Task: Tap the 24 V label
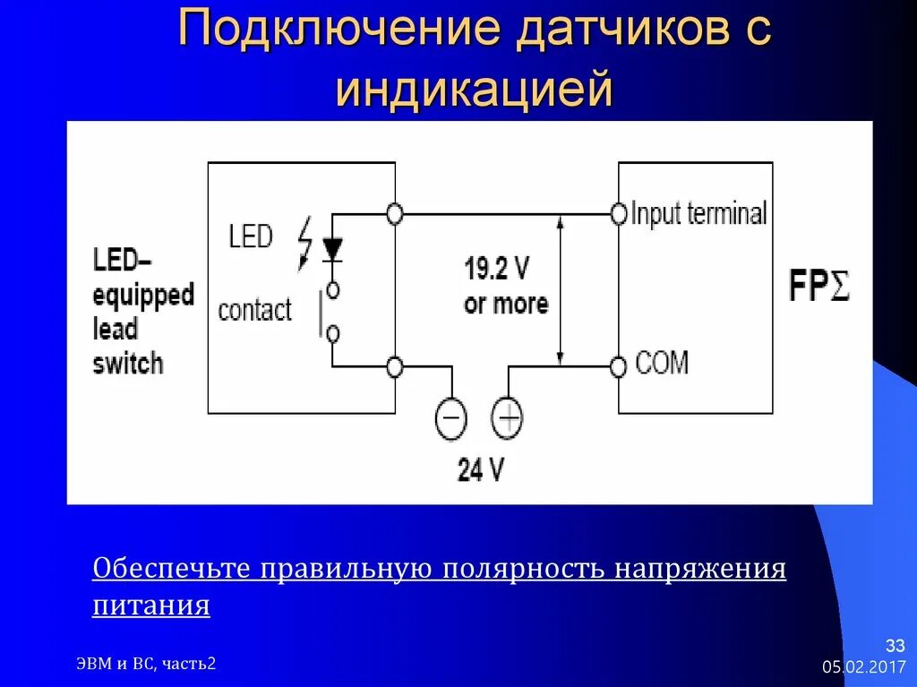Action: coord(481,469)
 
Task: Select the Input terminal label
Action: coord(699,214)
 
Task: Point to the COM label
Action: coord(662,364)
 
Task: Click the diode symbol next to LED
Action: coord(332,248)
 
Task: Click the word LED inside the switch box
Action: coord(250,237)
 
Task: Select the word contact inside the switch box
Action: coord(255,311)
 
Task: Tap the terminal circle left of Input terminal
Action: coord(618,214)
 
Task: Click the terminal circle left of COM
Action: coord(618,366)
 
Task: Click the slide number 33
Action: coord(896,645)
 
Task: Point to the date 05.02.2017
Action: coord(863,668)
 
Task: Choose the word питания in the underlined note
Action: coord(151,605)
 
